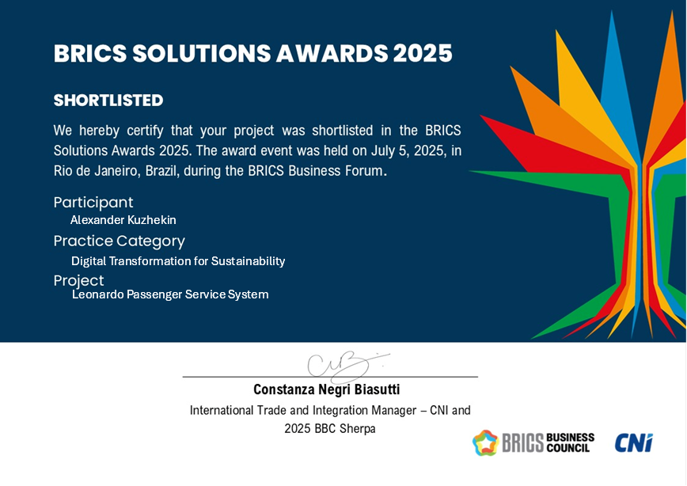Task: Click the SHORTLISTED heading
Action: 108,101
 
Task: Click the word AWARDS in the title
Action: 332,54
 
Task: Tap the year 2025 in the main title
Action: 423,54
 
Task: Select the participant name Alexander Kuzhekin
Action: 123,220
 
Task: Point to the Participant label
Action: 93,203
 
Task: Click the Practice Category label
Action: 120,241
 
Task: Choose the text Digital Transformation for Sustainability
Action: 178,261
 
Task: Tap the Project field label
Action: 78,281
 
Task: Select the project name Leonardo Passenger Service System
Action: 170,294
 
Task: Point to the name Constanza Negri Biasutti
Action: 326,389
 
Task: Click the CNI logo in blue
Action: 633,442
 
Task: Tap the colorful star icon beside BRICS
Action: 485,442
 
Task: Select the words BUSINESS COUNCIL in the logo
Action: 571,442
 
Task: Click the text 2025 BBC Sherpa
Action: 330,428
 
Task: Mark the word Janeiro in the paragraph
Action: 116,170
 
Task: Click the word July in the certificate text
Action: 383,150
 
